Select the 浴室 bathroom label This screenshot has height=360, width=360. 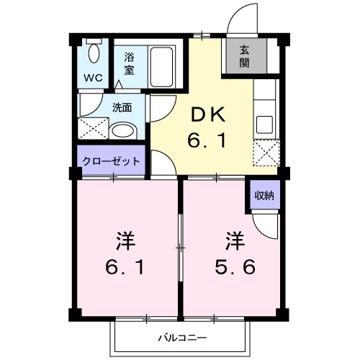(x=130, y=63)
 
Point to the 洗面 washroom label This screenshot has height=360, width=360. (x=122, y=109)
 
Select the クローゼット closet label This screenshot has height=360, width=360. (x=111, y=161)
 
